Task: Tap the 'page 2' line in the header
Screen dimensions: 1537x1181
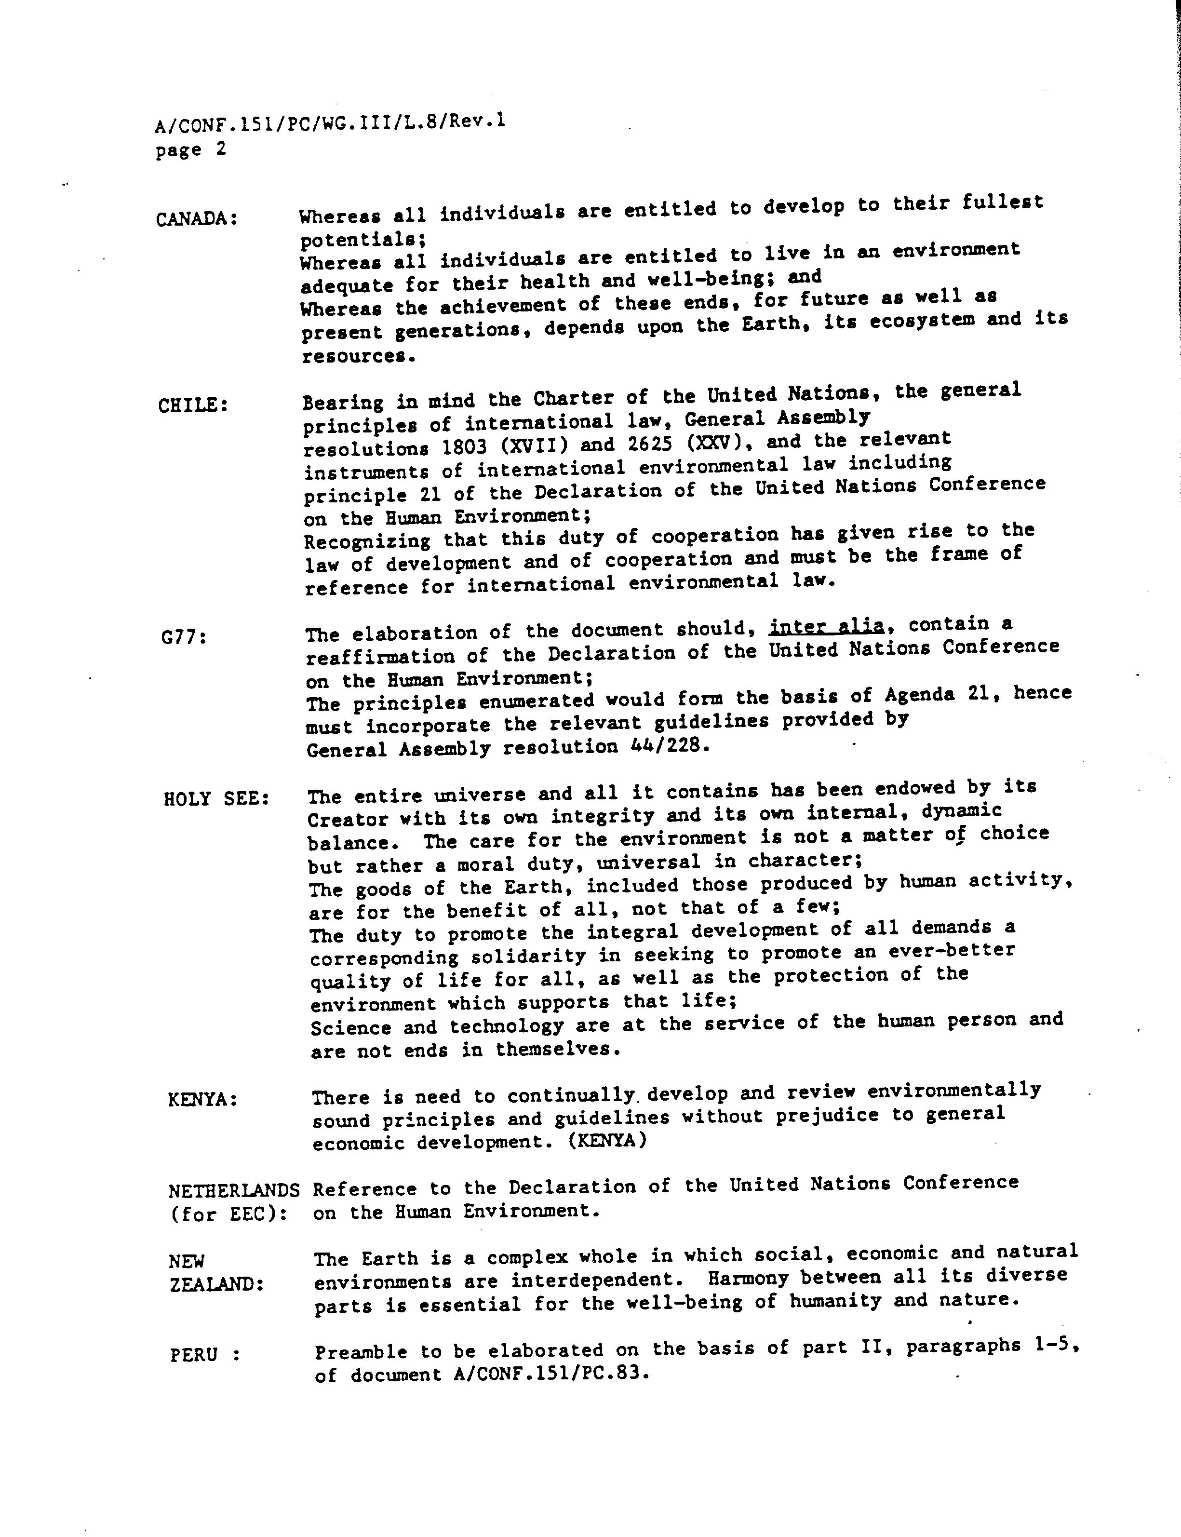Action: click(x=191, y=150)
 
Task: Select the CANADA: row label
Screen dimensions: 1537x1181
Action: click(x=197, y=219)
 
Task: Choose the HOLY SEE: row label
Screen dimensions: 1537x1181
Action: click(x=216, y=799)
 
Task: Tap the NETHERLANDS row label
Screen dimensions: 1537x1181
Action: click(x=234, y=1190)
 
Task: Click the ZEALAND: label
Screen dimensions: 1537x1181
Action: click(x=216, y=1284)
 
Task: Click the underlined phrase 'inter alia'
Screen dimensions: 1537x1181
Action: click(x=826, y=625)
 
